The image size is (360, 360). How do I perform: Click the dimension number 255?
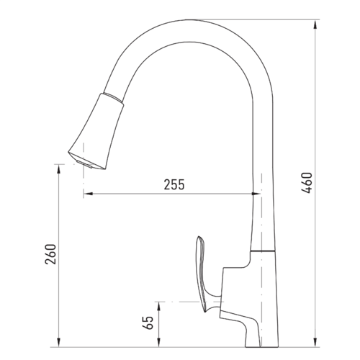[174, 184]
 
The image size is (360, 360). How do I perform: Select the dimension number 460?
[307, 182]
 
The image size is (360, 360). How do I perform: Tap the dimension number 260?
[50, 254]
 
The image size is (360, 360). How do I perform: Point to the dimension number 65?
[148, 323]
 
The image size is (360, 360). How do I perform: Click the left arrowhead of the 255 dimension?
[88, 194]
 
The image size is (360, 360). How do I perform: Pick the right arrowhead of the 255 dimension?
[256, 194]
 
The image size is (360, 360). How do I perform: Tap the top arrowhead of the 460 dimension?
[315, 25]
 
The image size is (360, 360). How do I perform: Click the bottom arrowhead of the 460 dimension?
[315, 341]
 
